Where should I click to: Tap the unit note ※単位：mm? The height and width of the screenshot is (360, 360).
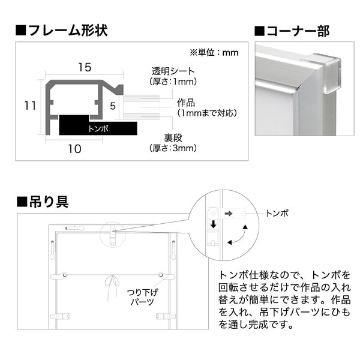point(214,52)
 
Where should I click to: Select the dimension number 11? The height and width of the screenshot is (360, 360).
point(29,105)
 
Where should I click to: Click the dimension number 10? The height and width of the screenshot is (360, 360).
point(74,149)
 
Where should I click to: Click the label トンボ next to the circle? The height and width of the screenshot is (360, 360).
point(276,213)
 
